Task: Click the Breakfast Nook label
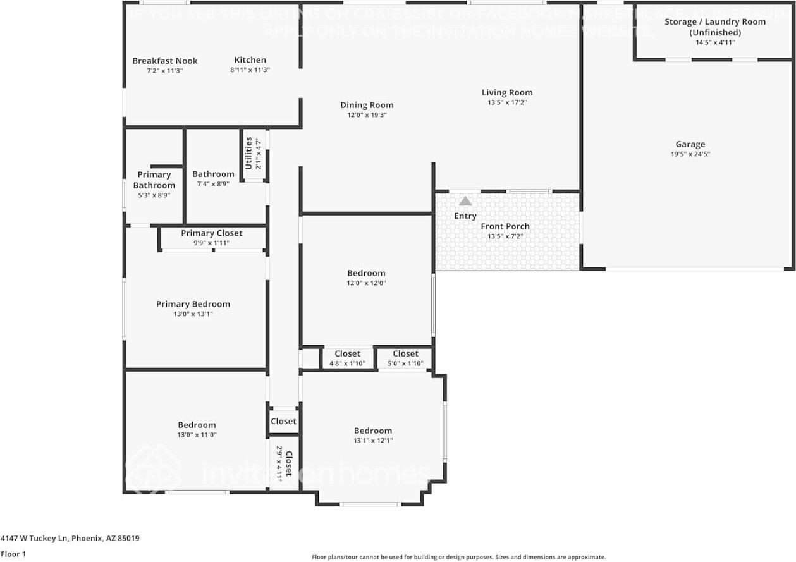pyautogui.click(x=165, y=61)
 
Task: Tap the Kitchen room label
pyautogui.click(x=250, y=60)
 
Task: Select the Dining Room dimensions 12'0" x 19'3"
pyautogui.click(x=367, y=115)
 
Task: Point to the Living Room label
pyautogui.click(x=507, y=92)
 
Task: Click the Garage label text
pyautogui.click(x=690, y=144)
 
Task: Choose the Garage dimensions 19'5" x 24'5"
pyautogui.click(x=690, y=154)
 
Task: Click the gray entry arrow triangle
pyautogui.click(x=465, y=201)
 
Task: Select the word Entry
pyautogui.click(x=465, y=216)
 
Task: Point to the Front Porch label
pyautogui.click(x=505, y=226)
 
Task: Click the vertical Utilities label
pyautogui.click(x=248, y=153)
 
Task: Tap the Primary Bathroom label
pyautogui.click(x=154, y=180)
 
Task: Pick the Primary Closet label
pyautogui.click(x=212, y=233)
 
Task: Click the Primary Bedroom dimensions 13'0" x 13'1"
pyautogui.click(x=193, y=314)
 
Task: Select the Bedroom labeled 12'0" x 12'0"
pyautogui.click(x=366, y=273)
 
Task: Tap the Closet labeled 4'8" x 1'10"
pyautogui.click(x=347, y=354)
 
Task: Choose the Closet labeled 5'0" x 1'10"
pyautogui.click(x=405, y=354)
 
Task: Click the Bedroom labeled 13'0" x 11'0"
pyautogui.click(x=197, y=425)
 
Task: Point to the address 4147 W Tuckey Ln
pyautogui.click(x=70, y=539)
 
